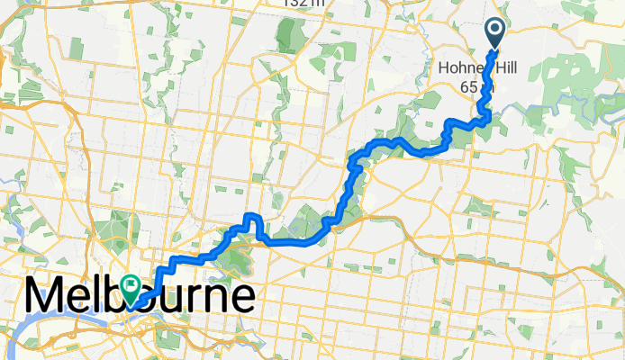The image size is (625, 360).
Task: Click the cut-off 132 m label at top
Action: (x=303, y=4)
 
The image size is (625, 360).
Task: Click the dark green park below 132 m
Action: (x=289, y=36)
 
